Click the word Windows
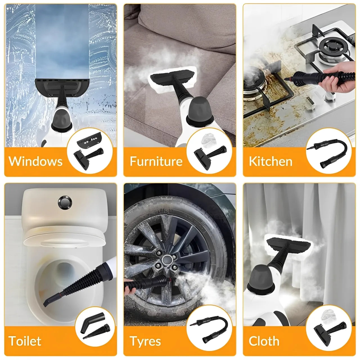click(35, 161)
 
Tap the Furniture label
click(156, 161)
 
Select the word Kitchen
click(271, 161)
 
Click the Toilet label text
click(25, 341)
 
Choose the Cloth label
click(264, 341)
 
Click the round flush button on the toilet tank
click(65, 202)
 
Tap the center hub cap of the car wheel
click(166, 260)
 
